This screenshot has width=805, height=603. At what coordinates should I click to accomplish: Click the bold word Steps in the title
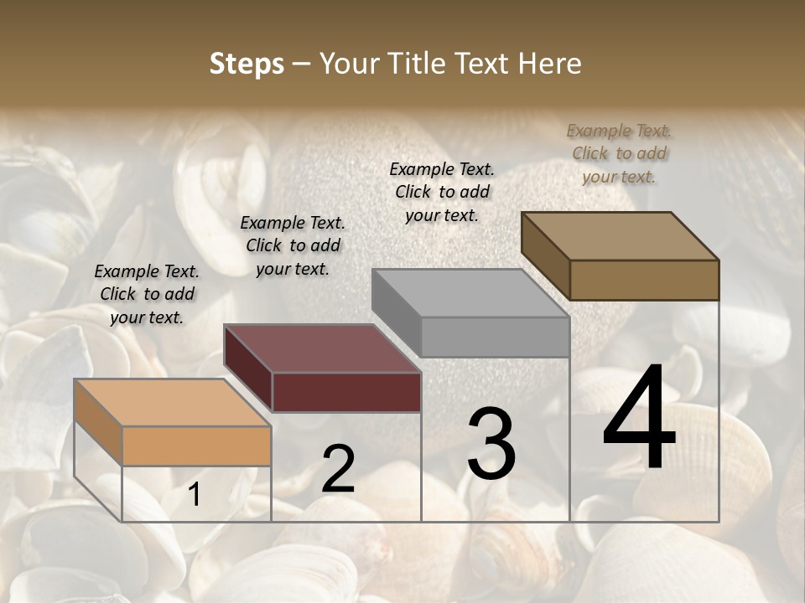(x=247, y=64)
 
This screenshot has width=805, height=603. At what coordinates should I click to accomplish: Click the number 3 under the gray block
(x=491, y=443)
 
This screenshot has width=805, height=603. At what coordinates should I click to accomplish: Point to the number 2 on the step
(x=338, y=469)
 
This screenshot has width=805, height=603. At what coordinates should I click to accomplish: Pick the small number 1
(x=195, y=495)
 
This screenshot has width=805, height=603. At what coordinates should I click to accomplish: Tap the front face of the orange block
(x=196, y=446)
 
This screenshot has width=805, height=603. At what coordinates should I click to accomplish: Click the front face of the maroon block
(x=346, y=392)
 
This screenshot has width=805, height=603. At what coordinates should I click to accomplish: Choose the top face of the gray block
(x=470, y=293)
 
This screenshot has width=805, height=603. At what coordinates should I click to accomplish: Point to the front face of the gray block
(x=495, y=337)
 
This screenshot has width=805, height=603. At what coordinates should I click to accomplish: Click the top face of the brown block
(x=620, y=235)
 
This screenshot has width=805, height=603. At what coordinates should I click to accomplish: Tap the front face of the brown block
(x=644, y=280)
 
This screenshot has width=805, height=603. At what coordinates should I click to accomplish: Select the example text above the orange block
(x=147, y=294)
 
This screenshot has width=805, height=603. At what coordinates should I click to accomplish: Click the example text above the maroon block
(x=293, y=245)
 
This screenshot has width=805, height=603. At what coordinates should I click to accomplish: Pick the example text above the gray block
(x=442, y=192)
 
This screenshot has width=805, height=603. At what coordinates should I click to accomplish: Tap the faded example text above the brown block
(x=619, y=153)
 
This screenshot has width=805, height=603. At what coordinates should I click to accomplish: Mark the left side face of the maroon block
(x=248, y=368)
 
